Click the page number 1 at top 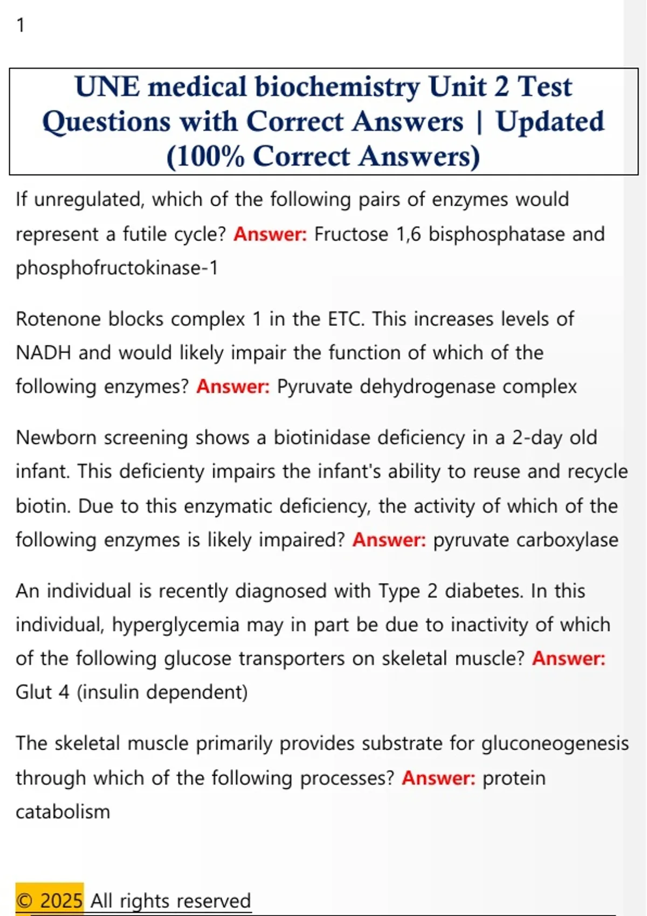[20, 25]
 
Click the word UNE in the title [107, 87]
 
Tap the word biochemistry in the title [337, 87]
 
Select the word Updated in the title [550, 122]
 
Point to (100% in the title [205, 157]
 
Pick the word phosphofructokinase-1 [116, 268]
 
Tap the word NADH [43, 353]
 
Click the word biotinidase [322, 438]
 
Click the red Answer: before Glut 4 [568, 658]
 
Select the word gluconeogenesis [555, 744]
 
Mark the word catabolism [63, 811]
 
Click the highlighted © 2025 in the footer [49, 900]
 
